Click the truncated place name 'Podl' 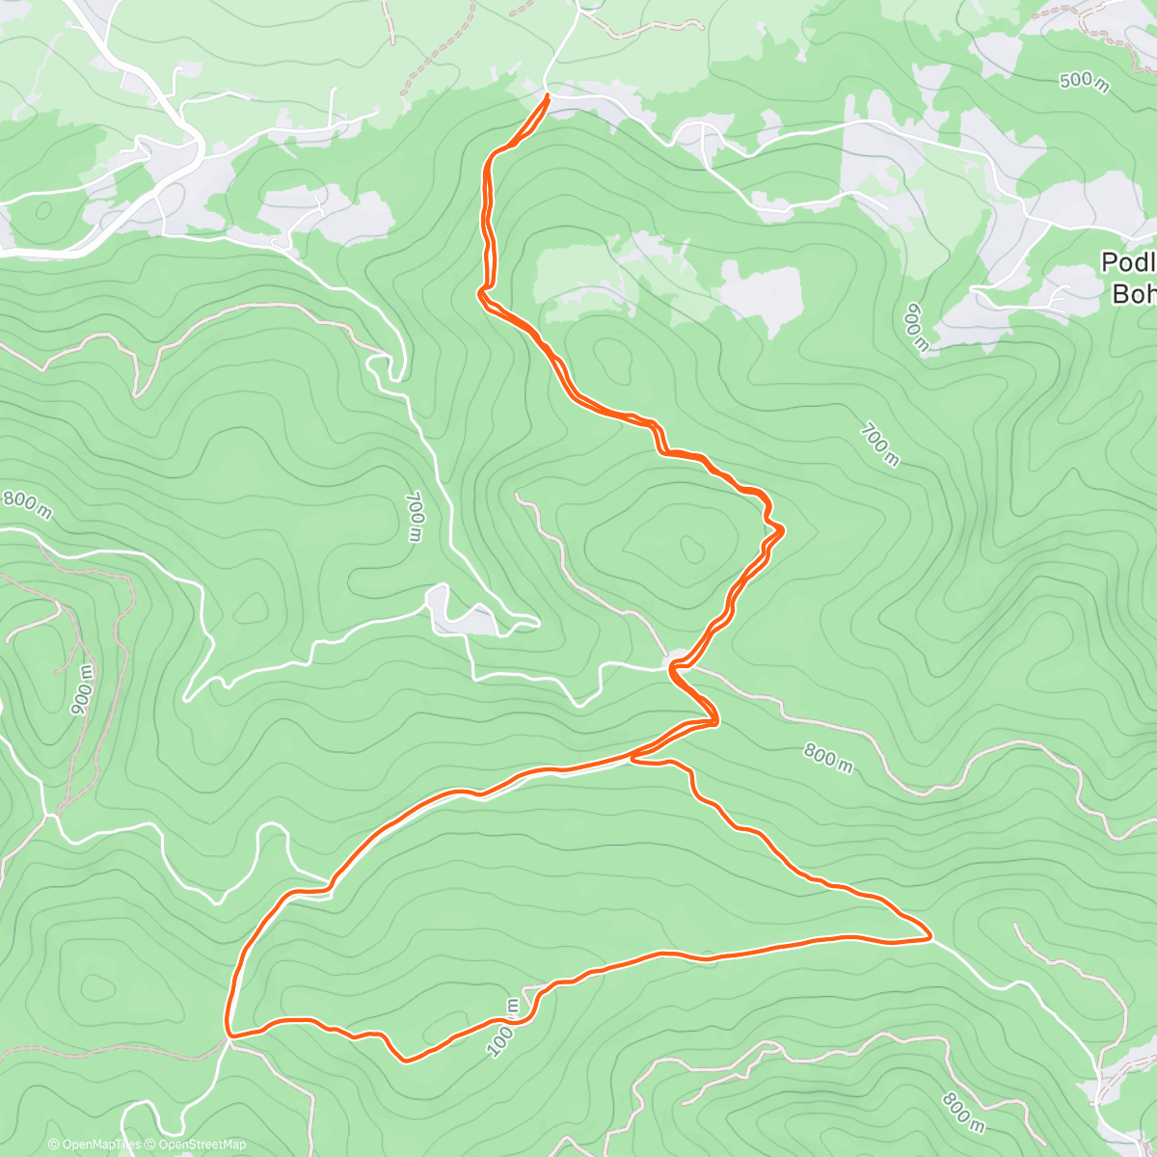[1128, 263]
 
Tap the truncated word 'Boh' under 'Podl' [1134, 293]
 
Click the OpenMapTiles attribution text [94, 1144]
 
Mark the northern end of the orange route [548, 95]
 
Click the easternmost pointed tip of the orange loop [929, 935]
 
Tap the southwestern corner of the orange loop [229, 1036]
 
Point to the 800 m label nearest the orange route [828, 759]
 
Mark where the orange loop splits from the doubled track [634, 758]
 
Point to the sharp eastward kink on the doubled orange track [780, 528]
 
